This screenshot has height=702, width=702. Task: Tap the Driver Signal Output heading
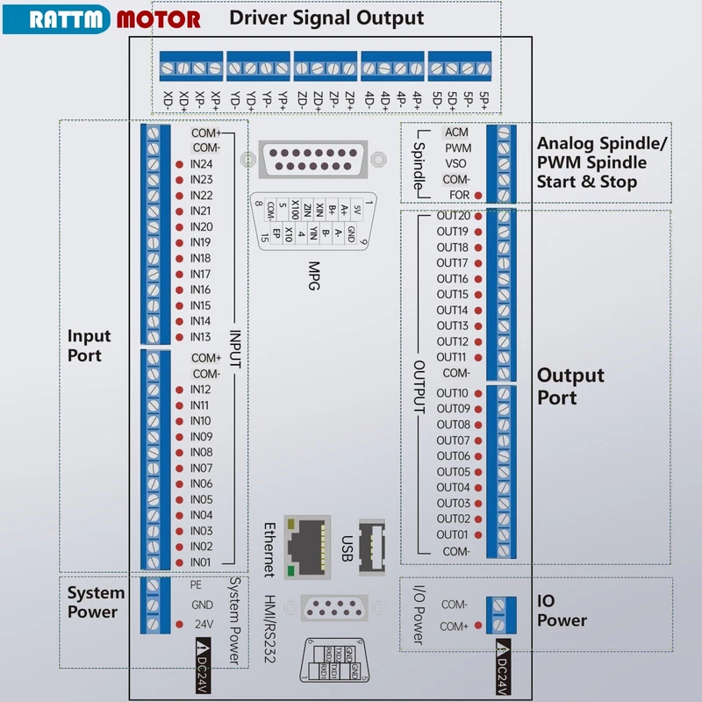(x=326, y=18)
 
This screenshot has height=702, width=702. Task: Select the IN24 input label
(x=202, y=164)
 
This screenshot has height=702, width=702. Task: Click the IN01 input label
(x=202, y=562)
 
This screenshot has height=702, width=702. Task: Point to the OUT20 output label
(x=453, y=216)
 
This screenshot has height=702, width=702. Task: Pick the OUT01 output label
(x=453, y=534)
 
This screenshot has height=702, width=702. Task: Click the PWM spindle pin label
(x=457, y=147)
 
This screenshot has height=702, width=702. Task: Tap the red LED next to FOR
(x=478, y=195)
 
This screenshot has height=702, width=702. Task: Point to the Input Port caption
(x=90, y=346)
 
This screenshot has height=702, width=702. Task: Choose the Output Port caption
(x=570, y=386)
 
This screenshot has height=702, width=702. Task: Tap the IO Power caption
(x=562, y=611)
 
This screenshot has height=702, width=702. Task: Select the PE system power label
(x=197, y=584)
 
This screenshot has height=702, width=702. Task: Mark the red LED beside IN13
(x=179, y=337)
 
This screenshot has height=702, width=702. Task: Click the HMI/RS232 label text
(x=269, y=627)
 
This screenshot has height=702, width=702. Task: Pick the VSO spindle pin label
(x=456, y=163)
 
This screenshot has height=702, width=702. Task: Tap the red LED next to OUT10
(x=478, y=393)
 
